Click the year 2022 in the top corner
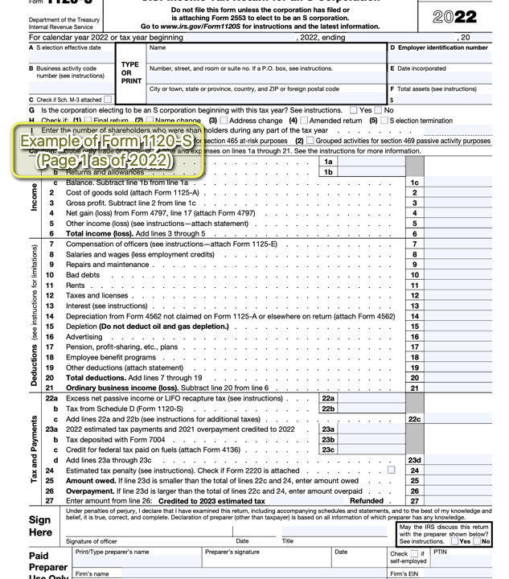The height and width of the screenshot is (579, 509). [x=454, y=17]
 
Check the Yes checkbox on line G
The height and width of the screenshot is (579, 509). [x=355, y=110]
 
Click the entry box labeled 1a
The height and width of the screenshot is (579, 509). [x=370, y=162]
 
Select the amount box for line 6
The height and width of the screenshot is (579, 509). [x=458, y=234]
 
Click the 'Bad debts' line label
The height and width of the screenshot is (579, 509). [x=83, y=275]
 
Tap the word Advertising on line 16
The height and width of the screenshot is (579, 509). [x=84, y=337]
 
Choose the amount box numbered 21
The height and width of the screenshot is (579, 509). [x=458, y=388]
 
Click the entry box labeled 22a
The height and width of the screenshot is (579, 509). [x=370, y=398]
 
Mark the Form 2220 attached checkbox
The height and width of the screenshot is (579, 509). [x=392, y=470]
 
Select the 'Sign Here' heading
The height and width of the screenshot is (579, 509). [x=40, y=526]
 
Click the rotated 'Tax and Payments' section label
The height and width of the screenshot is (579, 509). [x=34, y=450]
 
